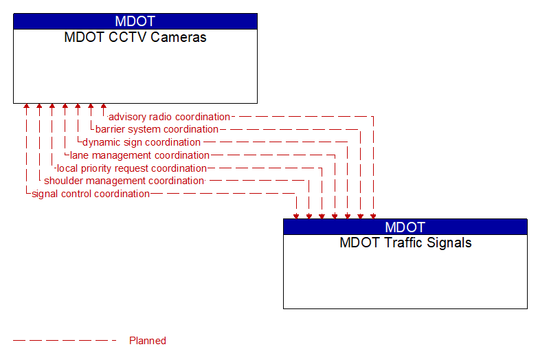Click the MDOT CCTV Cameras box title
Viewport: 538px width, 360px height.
coord(135,38)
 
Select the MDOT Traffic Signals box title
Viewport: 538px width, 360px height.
coord(405,243)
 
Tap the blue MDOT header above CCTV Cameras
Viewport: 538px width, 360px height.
coord(135,21)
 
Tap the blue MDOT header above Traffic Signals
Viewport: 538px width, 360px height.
coord(405,227)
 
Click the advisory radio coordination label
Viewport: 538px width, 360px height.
coord(169,117)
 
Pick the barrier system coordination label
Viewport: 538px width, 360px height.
coord(157,129)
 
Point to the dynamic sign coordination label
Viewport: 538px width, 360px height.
coord(142,142)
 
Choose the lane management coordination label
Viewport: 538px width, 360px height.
coord(139,155)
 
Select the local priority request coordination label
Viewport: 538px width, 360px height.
coord(131,168)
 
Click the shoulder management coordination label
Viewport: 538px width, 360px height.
coord(124,181)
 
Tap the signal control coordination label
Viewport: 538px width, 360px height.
coord(91,194)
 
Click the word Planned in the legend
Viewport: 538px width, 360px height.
coord(148,341)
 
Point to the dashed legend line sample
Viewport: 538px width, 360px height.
coord(65,341)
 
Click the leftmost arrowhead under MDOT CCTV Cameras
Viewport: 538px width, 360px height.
coord(26,107)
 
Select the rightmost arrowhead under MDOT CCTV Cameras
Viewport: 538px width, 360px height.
coord(103,107)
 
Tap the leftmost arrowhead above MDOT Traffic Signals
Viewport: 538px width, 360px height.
coord(296,216)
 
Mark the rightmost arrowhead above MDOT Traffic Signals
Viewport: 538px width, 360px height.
coord(373,216)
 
